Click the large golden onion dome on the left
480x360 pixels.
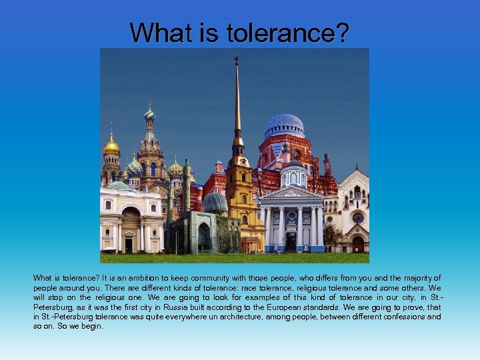[x=111, y=145]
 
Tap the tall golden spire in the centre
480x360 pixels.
[x=237, y=100]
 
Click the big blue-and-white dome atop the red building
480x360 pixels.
[x=284, y=125]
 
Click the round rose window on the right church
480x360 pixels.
[x=358, y=218]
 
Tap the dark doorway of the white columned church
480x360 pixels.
[x=291, y=241]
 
